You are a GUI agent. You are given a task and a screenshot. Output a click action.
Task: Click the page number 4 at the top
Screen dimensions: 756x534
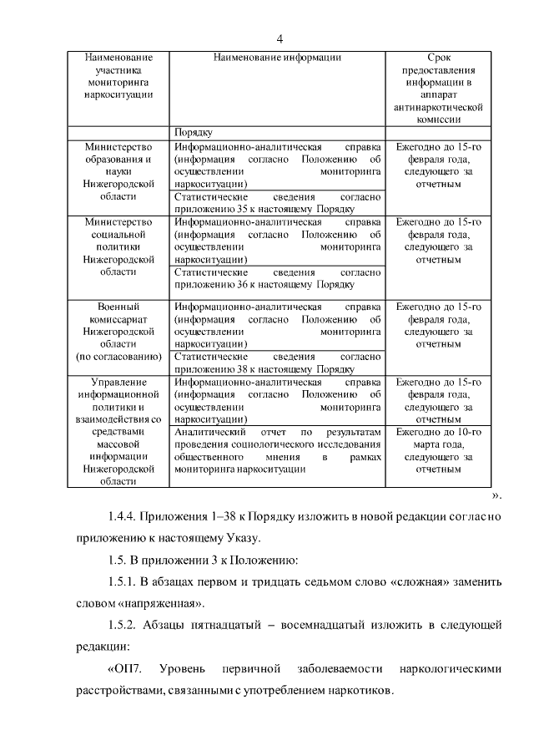(280, 39)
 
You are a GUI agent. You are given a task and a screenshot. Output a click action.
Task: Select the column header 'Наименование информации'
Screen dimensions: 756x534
(277, 58)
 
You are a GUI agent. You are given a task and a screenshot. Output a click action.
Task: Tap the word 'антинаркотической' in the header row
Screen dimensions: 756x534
(444, 108)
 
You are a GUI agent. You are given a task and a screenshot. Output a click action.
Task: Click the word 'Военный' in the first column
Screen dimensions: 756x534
(118, 307)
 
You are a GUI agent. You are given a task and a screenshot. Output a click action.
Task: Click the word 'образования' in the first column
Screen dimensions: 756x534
(118, 160)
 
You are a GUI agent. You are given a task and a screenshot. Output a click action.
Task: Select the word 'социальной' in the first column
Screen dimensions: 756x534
(118, 235)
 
